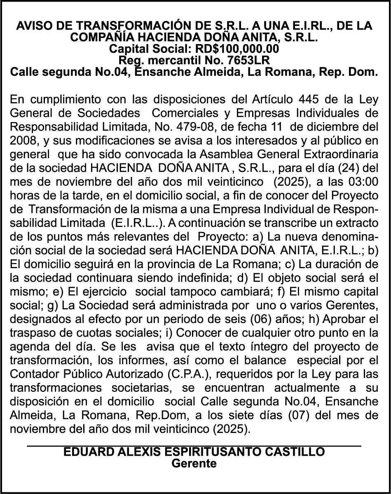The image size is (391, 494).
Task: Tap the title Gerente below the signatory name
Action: coord(194,463)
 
